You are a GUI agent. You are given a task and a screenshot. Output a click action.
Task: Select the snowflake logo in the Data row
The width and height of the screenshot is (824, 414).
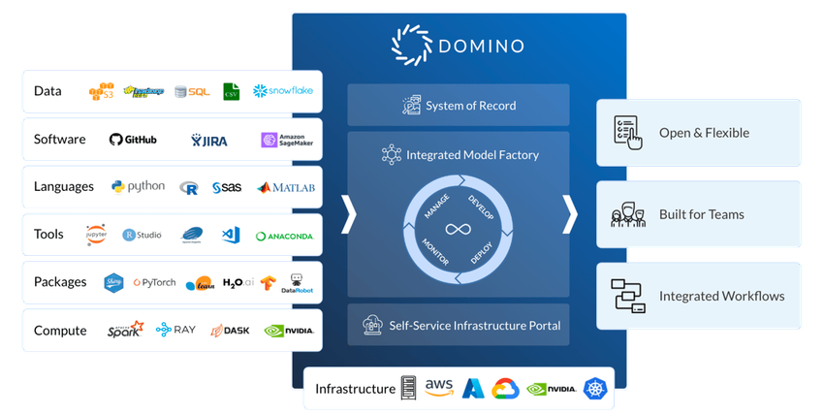[x=284, y=91]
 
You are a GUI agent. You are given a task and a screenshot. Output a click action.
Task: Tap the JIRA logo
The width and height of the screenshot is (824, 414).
[x=209, y=141]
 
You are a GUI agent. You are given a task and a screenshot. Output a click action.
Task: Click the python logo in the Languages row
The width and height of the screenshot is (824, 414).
[x=138, y=187]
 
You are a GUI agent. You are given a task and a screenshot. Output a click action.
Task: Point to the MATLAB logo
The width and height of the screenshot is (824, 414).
[x=286, y=188]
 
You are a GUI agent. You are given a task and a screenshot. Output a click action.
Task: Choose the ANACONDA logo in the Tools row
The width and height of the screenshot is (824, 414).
[x=285, y=236]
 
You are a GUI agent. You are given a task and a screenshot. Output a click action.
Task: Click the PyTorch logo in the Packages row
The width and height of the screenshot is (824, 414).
[x=153, y=283]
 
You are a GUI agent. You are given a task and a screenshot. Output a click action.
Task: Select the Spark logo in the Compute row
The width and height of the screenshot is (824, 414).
[x=125, y=331]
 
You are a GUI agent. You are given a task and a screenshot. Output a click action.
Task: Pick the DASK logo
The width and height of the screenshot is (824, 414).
[x=230, y=331]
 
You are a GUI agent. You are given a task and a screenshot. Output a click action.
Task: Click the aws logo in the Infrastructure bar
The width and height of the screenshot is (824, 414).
[x=438, y=389]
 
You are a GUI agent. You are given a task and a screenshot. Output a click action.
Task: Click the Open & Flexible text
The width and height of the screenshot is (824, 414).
[x=704, y=133]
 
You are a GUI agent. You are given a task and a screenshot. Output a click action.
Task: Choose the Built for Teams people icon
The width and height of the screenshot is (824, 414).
[x=627, y=214]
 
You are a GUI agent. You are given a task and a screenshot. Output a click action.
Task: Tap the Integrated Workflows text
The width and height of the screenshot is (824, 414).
[x=721, y=296]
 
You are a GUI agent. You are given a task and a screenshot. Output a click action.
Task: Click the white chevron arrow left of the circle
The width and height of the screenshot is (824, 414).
[x=348, y=214]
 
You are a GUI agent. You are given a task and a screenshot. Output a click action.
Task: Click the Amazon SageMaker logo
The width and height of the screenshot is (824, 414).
[x=287, y=141]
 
